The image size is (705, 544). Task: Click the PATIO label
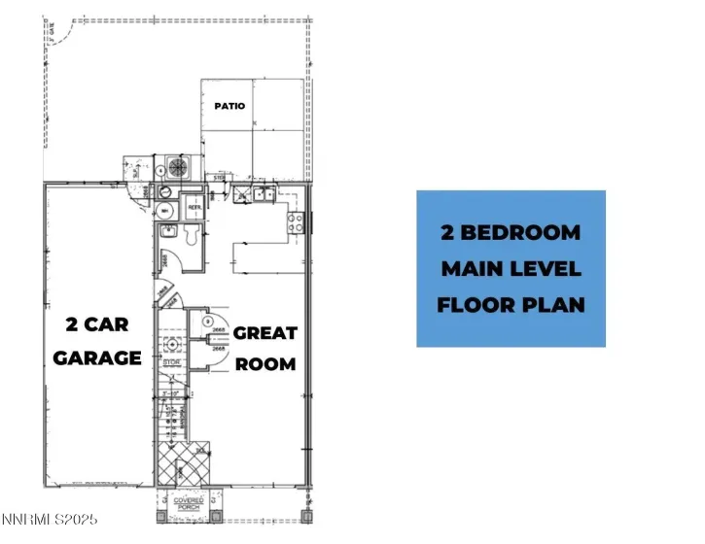(229, 106)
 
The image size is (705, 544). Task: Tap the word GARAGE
(97, 357)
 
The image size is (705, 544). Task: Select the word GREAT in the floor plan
(265, 333)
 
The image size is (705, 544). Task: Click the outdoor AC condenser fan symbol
(178, 167)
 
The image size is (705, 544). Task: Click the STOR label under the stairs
(172, 362)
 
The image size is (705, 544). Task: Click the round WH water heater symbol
(164, 209)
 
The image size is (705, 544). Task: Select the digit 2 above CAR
(72, 323)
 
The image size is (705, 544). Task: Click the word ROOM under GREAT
(265, 364)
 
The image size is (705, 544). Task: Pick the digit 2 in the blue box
(450, 233)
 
